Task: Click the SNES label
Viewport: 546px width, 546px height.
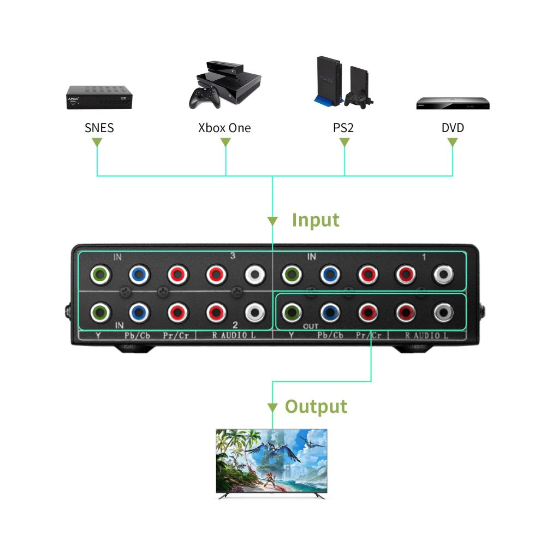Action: tap(99, 128)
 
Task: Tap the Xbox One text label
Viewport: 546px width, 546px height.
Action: tap(224, 128)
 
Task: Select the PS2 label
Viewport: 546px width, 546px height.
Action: tap(343, 128)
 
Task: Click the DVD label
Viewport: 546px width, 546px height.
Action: tap(453, 128)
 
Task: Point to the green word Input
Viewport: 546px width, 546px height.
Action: tap(316, 219)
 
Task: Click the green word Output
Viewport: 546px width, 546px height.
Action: tap(316, 406)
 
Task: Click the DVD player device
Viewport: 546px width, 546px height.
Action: tap(453, 103)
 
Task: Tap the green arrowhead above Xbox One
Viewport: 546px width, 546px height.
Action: tap(225, 142)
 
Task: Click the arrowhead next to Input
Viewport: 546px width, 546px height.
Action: tap(272, 221)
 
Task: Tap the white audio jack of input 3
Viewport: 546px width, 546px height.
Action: tap(254, 275)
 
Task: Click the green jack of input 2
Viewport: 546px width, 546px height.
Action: tap(99, 313)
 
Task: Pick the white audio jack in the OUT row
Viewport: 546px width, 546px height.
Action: tap(443, 313)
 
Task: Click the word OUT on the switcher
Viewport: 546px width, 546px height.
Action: tap(311, 326)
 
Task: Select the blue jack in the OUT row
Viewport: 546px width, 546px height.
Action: tap(329, 313)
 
